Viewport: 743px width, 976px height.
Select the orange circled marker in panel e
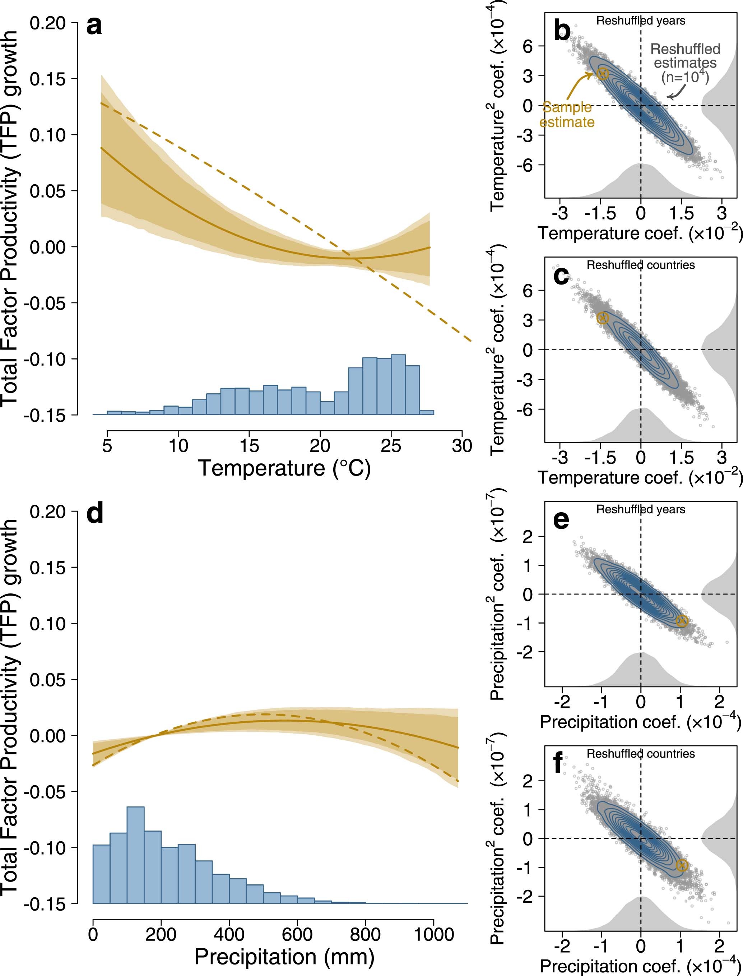[x=682, y=621]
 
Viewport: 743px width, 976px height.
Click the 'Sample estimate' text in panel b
[x=567, y=115]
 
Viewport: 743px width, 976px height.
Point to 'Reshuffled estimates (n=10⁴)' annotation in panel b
[x=685, y=63]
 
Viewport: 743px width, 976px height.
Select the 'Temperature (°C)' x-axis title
[x=284, y=468]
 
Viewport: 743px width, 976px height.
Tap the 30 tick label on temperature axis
[x=462, y=446]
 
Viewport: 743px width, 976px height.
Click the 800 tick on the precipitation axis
[x=365, y=934]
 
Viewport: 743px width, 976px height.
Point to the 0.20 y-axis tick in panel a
[x=47, y=23]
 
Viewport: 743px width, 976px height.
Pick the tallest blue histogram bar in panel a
[x=398, y=384]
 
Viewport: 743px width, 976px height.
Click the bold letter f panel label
[x=558, y=762]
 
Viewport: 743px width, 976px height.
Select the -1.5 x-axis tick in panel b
[x=600, y=213]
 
